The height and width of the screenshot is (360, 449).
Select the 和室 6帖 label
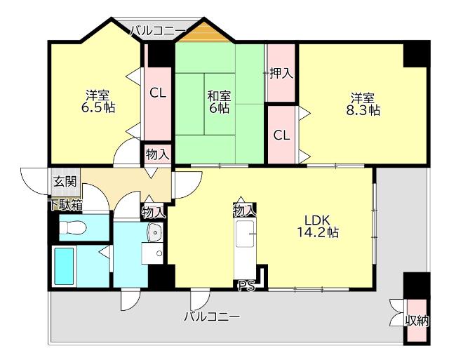pos(218,102)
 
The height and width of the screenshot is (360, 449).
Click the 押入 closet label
pos(281,73)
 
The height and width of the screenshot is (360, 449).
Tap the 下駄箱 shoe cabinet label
pos(65,206)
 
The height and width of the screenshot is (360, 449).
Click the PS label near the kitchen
pos(246,285)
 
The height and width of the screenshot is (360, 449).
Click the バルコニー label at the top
pos(157,29)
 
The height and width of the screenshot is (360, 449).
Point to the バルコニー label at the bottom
pos(212,316)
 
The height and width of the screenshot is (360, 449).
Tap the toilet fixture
pos(73,227)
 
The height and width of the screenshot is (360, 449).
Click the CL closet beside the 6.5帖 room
pos(158,93)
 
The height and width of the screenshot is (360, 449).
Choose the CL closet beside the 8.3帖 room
pos(281,135)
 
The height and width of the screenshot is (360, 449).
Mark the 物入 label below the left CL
pos(157,154)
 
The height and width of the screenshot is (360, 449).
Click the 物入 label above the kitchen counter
pos(244,210)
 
